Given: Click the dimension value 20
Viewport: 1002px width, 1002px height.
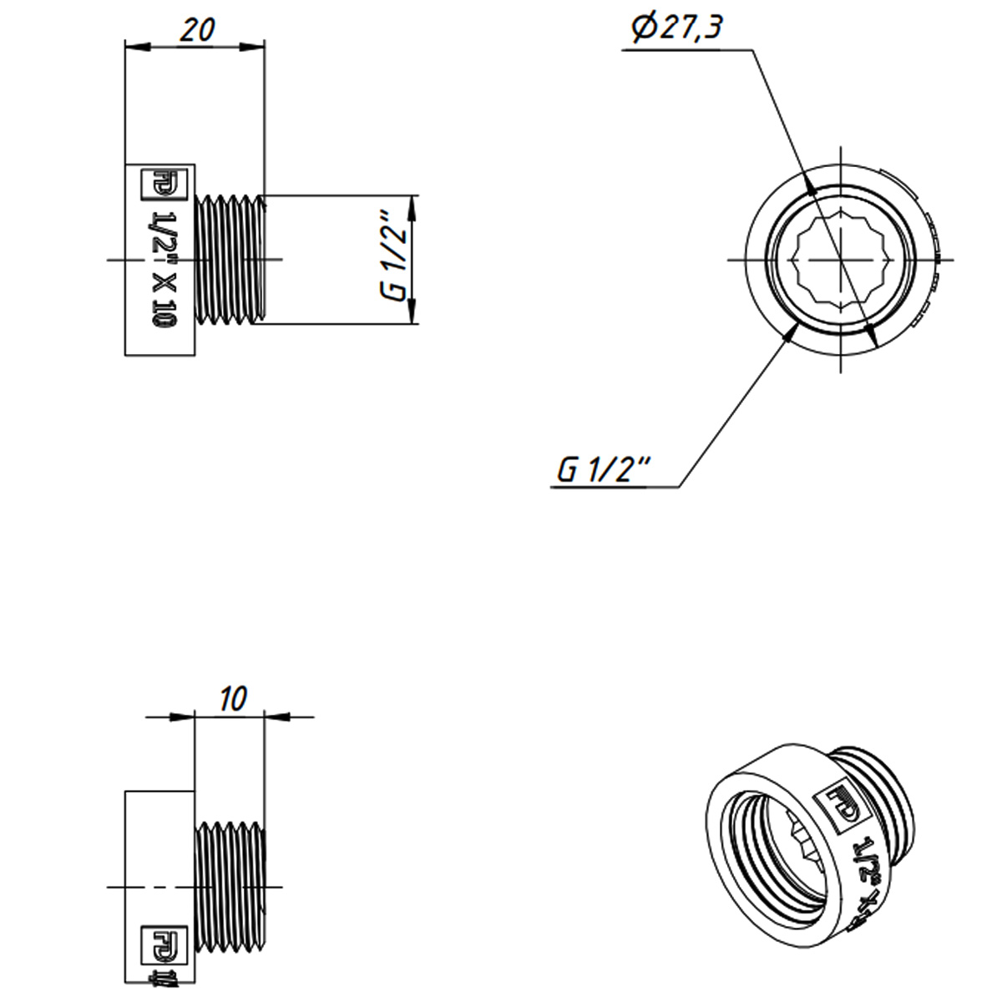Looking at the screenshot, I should (198, 29).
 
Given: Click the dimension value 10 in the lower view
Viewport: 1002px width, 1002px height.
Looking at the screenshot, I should (235, 699).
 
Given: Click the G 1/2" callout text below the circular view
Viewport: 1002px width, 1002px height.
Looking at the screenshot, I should (603, 470).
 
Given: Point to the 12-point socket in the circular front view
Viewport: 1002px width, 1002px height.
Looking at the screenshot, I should (839, 260).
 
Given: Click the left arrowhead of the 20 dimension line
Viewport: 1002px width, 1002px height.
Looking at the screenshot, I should (136, 47).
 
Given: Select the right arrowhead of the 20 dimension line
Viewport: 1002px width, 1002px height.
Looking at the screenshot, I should (254, 47).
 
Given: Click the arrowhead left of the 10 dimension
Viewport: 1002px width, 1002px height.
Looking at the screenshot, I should (183, 716).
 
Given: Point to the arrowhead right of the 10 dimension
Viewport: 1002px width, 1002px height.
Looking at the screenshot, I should (276, 716).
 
